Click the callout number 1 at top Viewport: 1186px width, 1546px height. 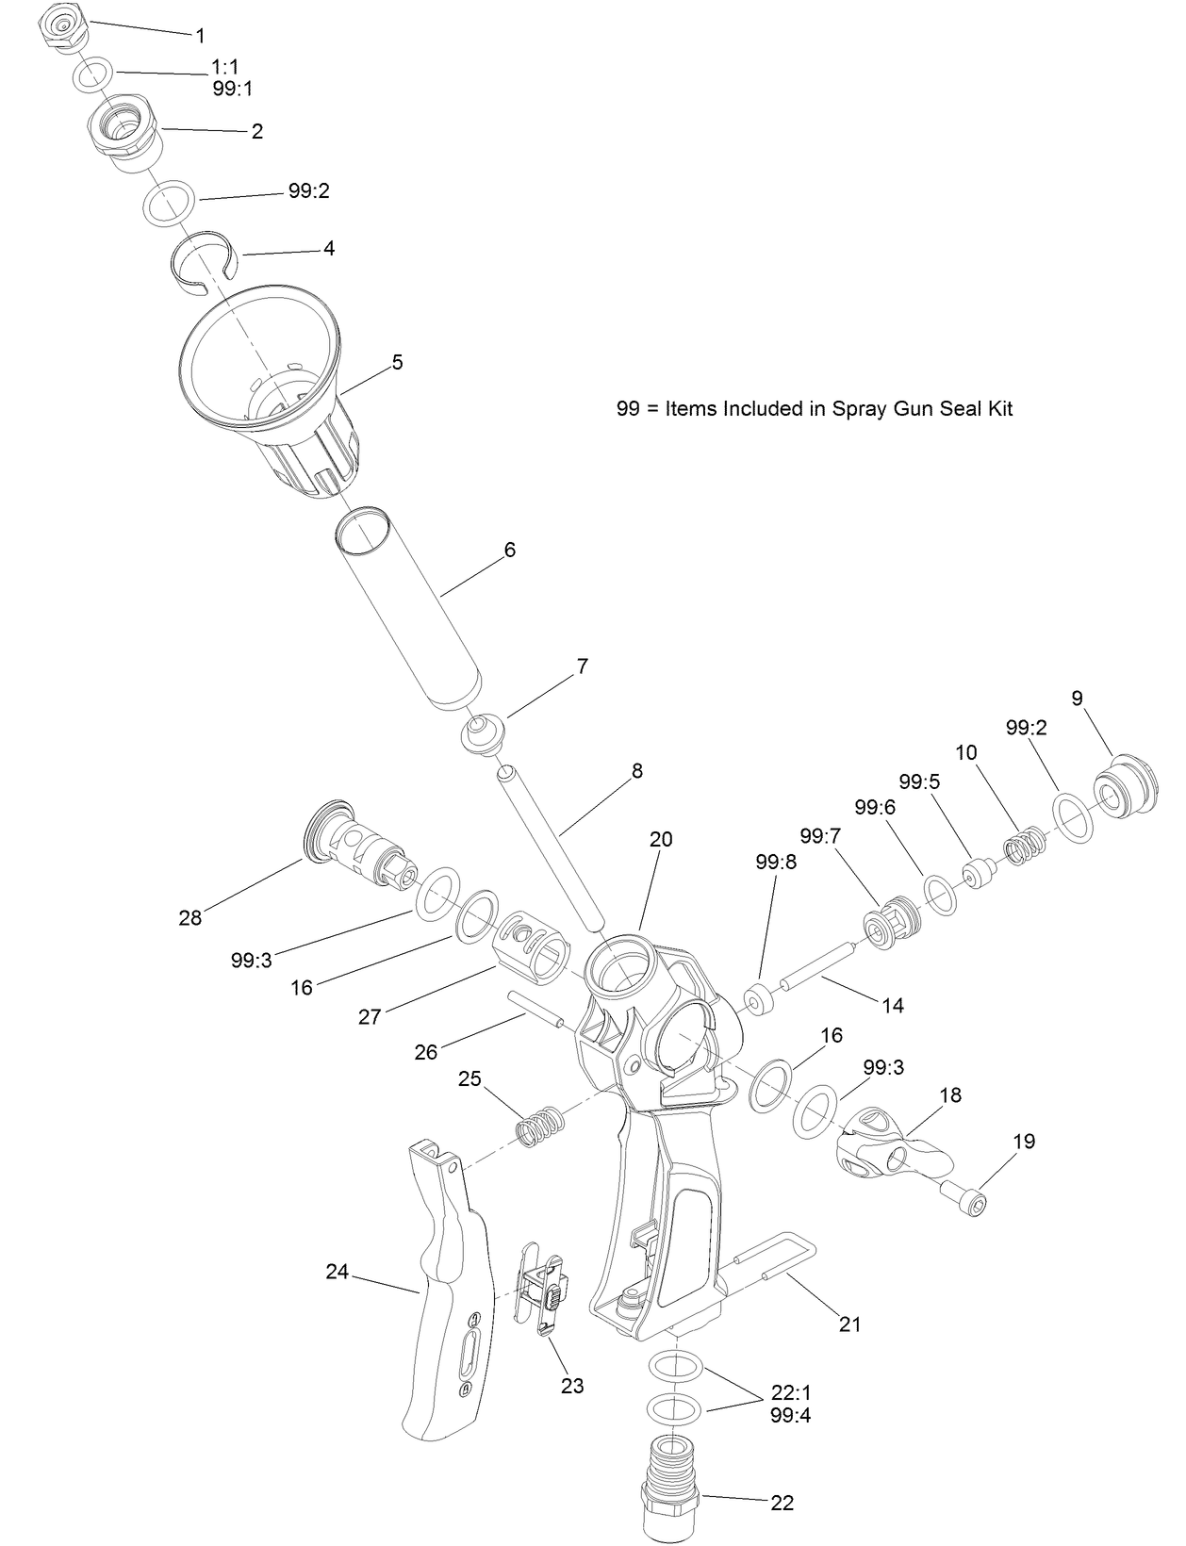click(200, 36)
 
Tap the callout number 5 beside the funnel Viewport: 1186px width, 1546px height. click(397, 362)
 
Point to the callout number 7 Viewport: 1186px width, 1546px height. click(583, 666)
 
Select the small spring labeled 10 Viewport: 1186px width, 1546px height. click(1021, 846)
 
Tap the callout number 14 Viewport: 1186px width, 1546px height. click(892, 1006)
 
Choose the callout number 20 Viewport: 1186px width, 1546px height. click(661, 839)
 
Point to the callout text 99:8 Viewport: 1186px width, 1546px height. click(776, 862)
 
